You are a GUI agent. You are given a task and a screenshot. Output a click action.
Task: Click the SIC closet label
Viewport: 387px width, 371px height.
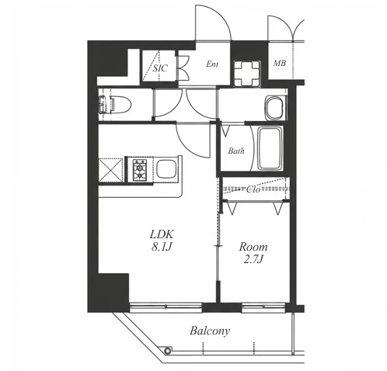[x=160, y=68]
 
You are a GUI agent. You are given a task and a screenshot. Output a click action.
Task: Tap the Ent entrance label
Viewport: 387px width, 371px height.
[x=212, y=64]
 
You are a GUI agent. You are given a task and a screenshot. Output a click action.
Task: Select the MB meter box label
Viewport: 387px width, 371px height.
[x=280, y=63]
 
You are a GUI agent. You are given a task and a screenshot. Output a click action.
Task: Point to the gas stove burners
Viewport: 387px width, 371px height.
[x=140, y=170]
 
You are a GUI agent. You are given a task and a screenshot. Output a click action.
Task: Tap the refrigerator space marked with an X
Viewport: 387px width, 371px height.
[x=110, y=170]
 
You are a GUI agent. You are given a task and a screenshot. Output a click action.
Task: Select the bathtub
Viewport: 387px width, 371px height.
[x=270, y=148]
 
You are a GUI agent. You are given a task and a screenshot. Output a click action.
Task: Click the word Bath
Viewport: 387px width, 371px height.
[x=236, y=151]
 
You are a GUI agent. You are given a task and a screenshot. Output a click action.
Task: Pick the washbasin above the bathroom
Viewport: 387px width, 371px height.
[x=274, y=108]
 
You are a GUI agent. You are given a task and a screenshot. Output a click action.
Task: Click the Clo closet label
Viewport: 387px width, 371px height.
[x=253, y=189]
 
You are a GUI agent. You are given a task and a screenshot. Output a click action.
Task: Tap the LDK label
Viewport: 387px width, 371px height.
[x=162, y=234]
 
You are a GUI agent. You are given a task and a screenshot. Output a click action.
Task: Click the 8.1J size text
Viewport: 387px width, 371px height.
[x=162, y=247]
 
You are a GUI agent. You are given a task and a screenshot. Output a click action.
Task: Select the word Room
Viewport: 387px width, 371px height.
[x=253, y=247]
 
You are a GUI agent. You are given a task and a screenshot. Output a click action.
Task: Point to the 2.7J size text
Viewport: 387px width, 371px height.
[x=253, y=259]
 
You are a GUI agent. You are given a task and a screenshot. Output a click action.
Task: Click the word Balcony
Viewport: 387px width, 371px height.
[x=210, y=331]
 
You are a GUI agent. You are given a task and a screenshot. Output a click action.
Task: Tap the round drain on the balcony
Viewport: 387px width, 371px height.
[x=168, y=351]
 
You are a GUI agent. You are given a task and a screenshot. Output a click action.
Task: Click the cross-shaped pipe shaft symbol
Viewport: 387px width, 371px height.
[x=247, y=74]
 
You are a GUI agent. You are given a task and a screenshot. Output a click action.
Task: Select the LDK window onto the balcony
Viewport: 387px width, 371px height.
[x=166, y=307]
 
